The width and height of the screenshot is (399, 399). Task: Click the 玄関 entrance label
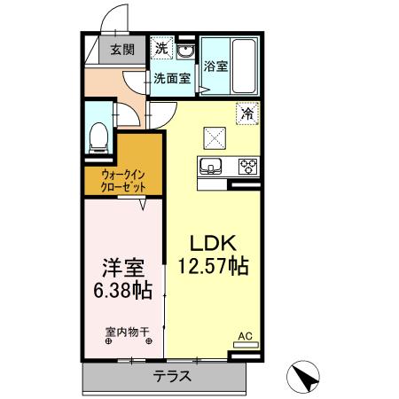(x=123, y=50)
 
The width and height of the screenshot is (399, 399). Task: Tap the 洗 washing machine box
(x=161, y=47)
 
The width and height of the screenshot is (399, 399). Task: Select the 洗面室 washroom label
(x=171, y=78)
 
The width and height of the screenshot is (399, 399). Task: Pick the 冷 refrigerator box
(x=247, y=113)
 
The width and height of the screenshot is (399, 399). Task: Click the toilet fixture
(x=99, y=134)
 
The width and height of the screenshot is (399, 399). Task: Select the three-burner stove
(x=246, y=165)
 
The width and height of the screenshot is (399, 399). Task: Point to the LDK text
(x=212, y=242)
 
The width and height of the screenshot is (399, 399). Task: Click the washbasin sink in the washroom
(x=184, y=50)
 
